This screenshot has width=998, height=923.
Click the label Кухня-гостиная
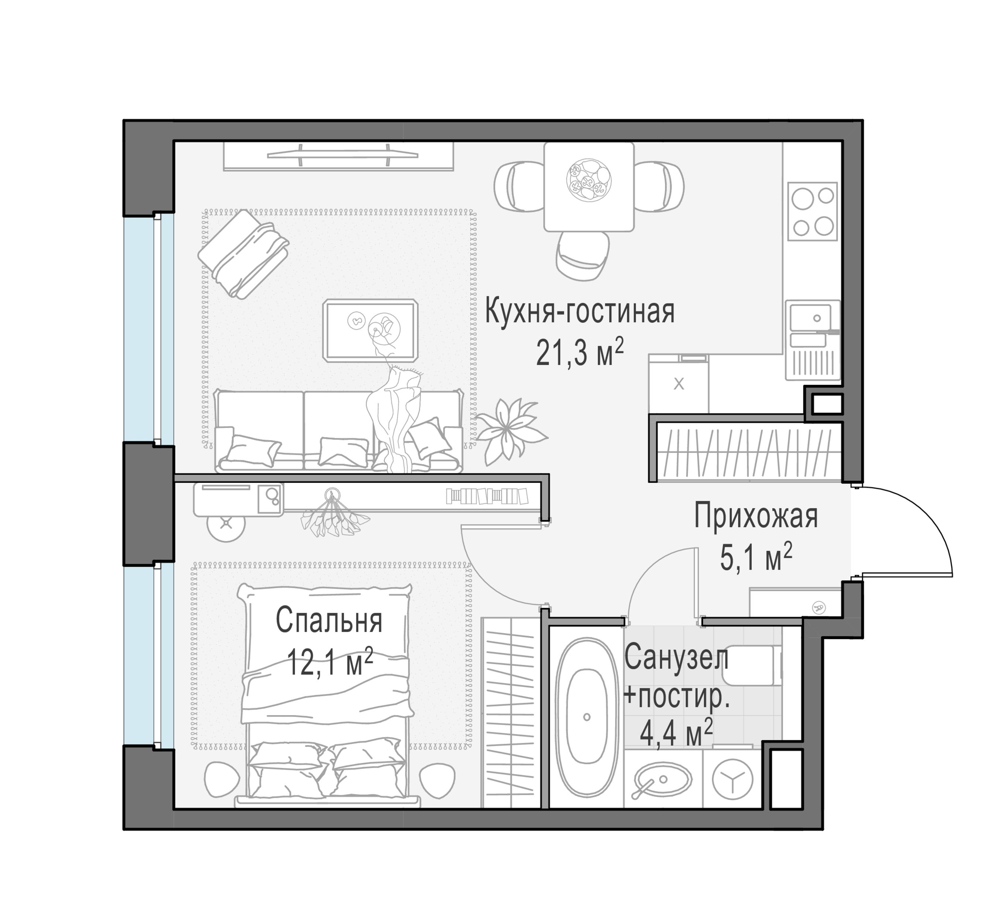(579, 311)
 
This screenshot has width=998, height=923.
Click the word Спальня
(329, 621)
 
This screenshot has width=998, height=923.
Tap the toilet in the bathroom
(752, 666)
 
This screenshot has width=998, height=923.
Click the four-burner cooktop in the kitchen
(812, 211)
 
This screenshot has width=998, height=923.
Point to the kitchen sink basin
(810, 318)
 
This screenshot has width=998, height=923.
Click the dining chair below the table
(582, 255)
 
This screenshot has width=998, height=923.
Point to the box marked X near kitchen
(678, 384)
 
